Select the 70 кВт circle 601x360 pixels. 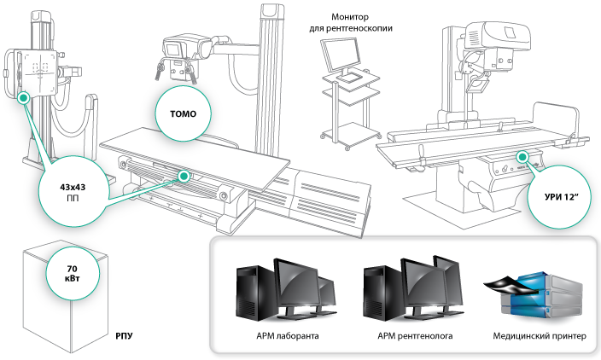coord(67,273)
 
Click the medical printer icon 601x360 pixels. coord(540,293)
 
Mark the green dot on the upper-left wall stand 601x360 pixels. coord(25,98)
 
